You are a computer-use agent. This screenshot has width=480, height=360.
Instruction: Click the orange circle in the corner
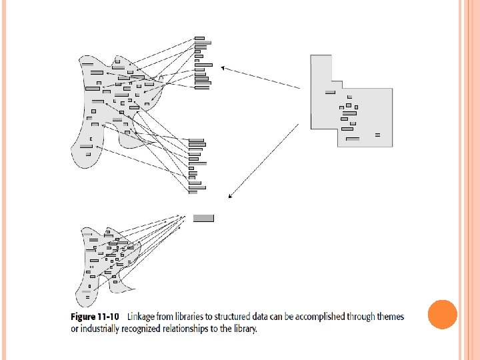pyautogui.click(x=441, y=315)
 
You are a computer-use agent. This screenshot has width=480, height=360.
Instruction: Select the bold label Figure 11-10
pyautogui.click(x=95, y=316)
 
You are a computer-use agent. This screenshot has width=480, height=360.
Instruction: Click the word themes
pyautogui.click(x=389, y=316)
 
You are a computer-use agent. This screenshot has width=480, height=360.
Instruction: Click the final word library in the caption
pyautogui.click(x=245, y=328)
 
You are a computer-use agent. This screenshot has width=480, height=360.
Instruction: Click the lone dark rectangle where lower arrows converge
pyautogui.click(x=203, y=218)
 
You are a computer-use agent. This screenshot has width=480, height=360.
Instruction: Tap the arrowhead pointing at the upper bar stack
pyautogui.click(x=223, y=67)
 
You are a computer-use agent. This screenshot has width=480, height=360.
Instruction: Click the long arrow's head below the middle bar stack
pyautogui.click(x=230, y=196)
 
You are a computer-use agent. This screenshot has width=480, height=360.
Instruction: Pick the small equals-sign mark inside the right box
pyautogui.click(x=377, y=135)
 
